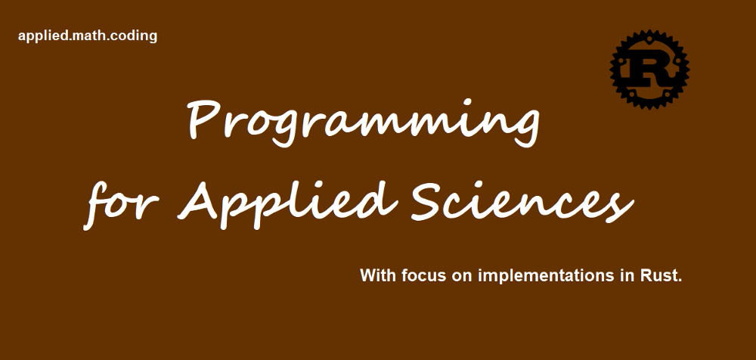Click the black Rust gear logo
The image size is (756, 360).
(x=649, y=70)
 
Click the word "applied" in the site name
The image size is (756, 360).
(x=40, y=36)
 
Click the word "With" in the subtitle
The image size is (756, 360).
(x=376, y=275)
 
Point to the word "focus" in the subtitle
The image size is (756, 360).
(x=422, y=275)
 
